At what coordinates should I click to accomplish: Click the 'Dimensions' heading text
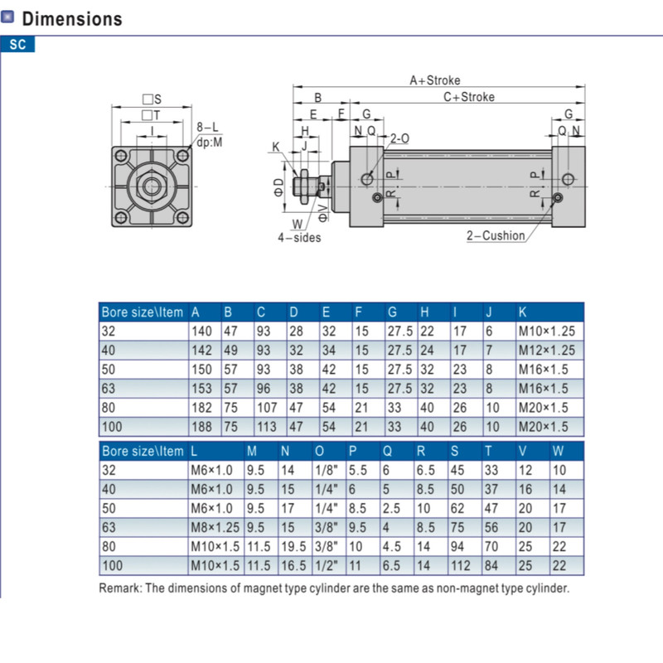tap(72, 18)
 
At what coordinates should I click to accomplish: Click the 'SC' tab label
tap(18, 45)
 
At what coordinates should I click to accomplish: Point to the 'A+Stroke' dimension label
tap(434, 80)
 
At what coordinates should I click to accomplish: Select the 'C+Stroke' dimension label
tap(468, 97)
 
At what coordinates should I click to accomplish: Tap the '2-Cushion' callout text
tap(496, 235)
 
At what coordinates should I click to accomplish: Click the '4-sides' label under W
tap(298, 238)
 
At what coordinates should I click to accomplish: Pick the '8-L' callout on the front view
tap(207, 127)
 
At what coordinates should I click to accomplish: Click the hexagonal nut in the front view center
tap(152, 185)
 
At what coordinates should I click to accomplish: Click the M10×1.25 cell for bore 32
tap(545, 330)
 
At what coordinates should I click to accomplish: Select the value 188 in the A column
tap(201, 427)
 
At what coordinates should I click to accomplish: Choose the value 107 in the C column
tap(267, 408)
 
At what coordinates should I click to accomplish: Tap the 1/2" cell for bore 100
tap(324, 565)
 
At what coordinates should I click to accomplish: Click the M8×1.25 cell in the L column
tap(215, 527)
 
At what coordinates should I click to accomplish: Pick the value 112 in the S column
tap(461, 565)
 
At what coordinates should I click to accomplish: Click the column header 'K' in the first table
tap(522, 312)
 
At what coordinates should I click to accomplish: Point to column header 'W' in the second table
tap(557, 451)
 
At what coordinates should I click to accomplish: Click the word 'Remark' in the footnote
tap(119, 588)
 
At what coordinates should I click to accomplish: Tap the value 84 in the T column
tap(491, 565)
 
